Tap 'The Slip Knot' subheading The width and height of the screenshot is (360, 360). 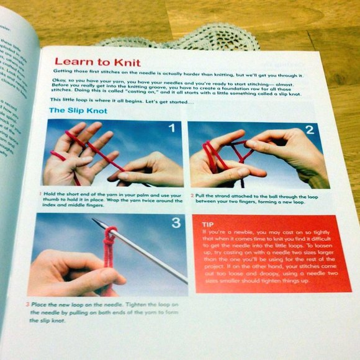(x=79, y=110)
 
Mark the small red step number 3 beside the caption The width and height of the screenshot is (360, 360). (x=27, y=304)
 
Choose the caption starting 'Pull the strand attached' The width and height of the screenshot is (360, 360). (x=261, y=199)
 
